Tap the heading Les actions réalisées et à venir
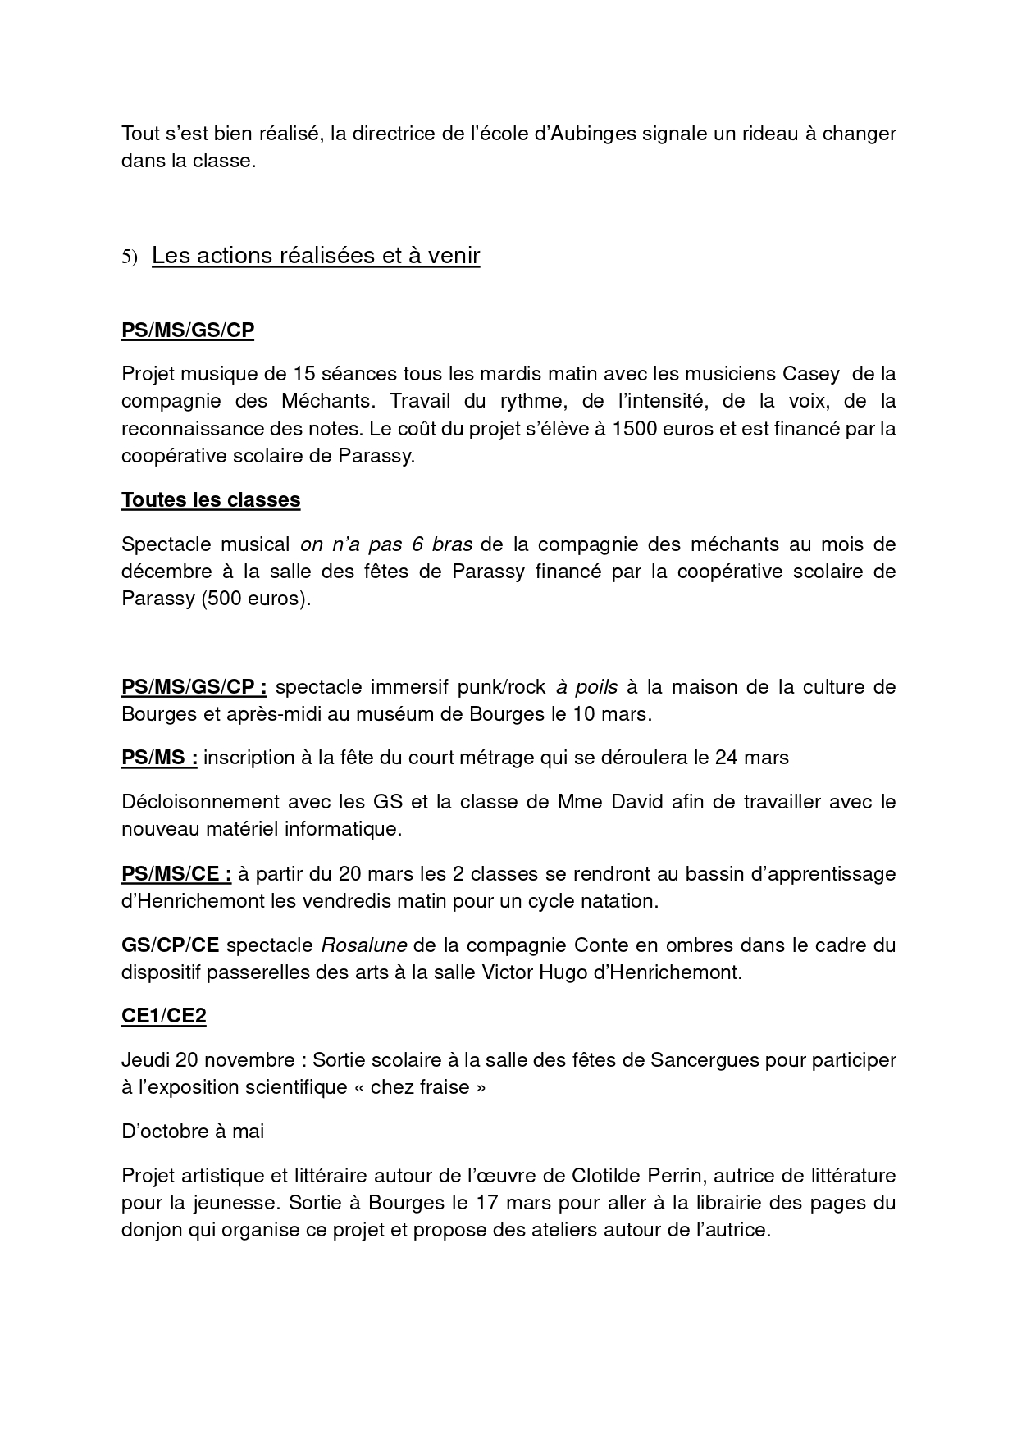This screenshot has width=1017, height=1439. pos(316,256)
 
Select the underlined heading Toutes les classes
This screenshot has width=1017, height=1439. pos(211,500)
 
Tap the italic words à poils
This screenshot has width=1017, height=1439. pos(586,686)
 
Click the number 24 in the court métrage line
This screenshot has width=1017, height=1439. pos(727,758)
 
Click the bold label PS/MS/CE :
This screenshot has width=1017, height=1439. pos(176,874)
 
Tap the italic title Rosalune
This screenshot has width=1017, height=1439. pos(363,945)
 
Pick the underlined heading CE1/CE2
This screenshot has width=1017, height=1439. pos(164,1017)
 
